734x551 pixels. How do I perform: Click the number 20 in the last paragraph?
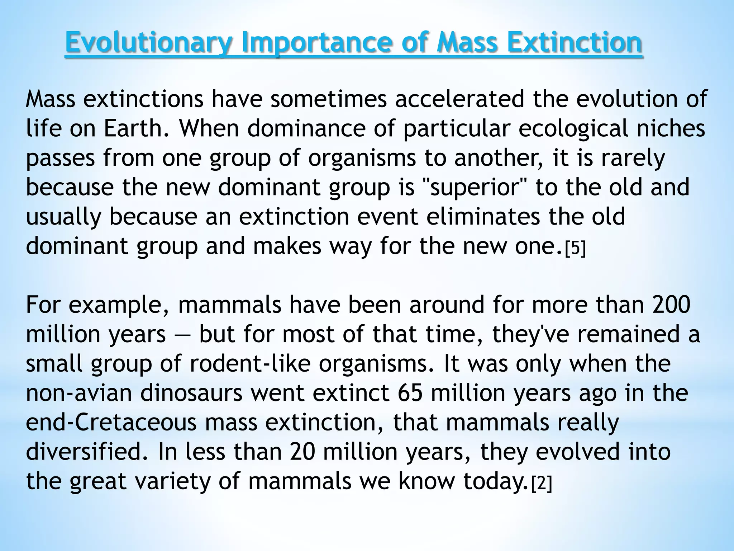(302, 452)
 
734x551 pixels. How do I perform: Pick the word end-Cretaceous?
(111, 422)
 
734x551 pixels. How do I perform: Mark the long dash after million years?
(182, 335)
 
